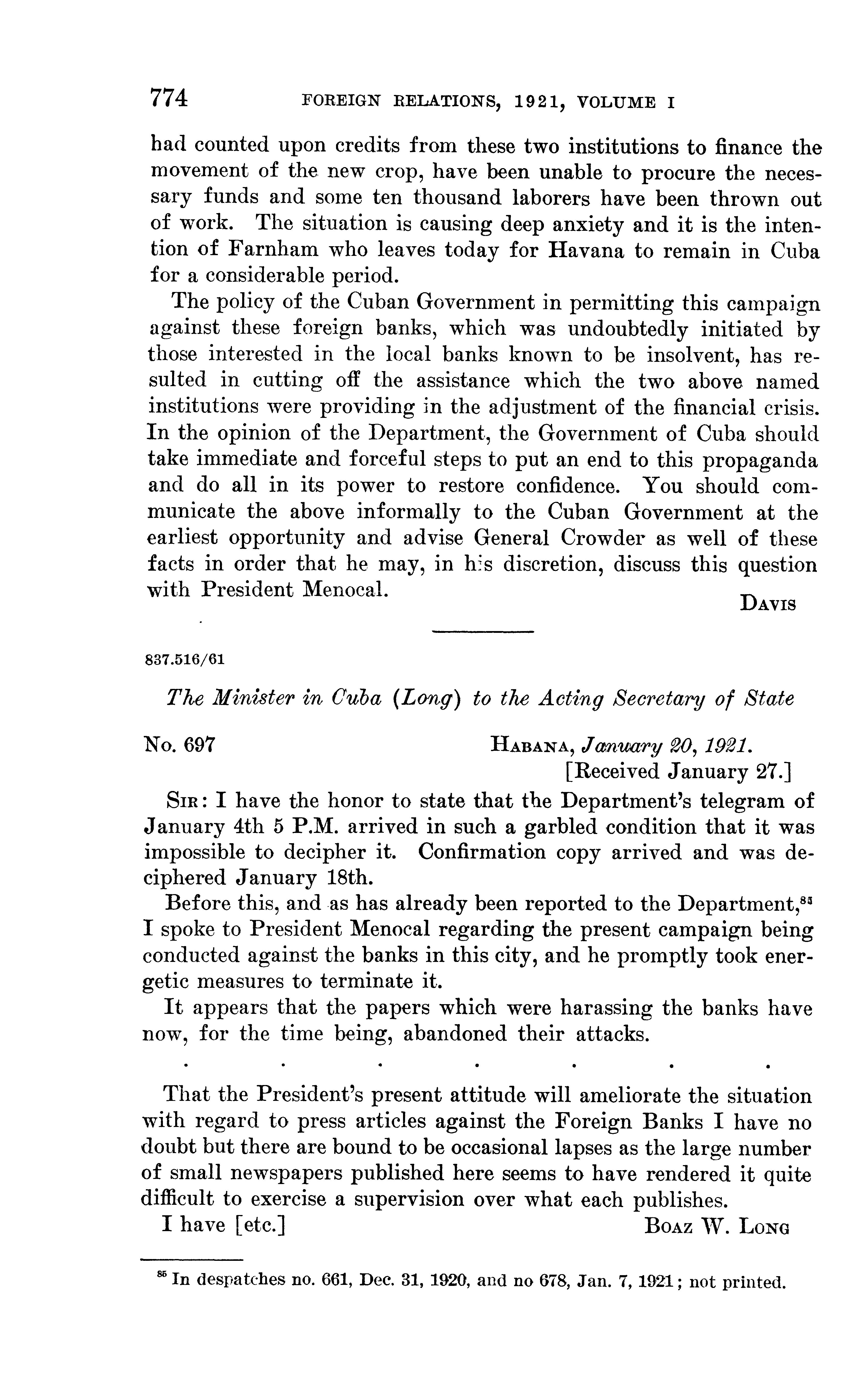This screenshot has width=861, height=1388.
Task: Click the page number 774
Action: pos(169,98)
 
